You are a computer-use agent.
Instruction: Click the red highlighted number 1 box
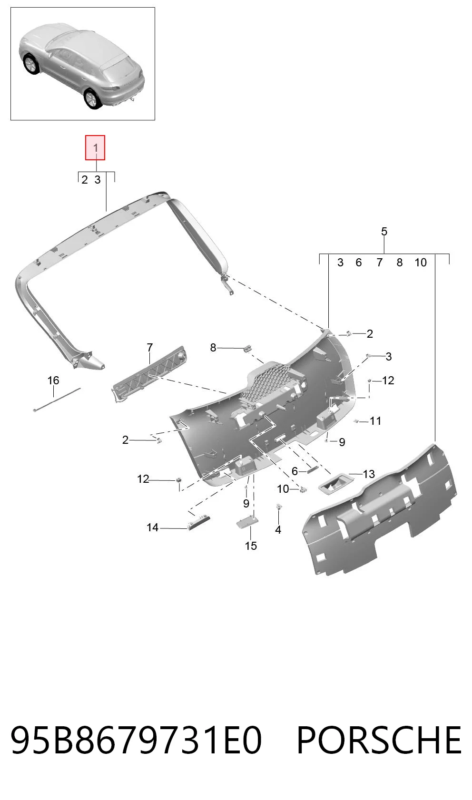tap(95, 147)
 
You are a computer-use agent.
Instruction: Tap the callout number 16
tap(53, 380)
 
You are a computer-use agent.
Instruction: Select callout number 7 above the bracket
tap(150, 347)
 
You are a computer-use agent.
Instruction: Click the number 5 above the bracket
tap(384, 232)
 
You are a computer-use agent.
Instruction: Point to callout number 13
tap(369, 474)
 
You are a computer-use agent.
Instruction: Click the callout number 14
tap(153, 527)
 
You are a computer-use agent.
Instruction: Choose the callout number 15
tap(251, 546)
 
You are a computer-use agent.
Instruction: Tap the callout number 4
tap(278, 530)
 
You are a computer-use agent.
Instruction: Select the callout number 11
tap(375, 421)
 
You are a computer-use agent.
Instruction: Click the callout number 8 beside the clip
tap(213, 348)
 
